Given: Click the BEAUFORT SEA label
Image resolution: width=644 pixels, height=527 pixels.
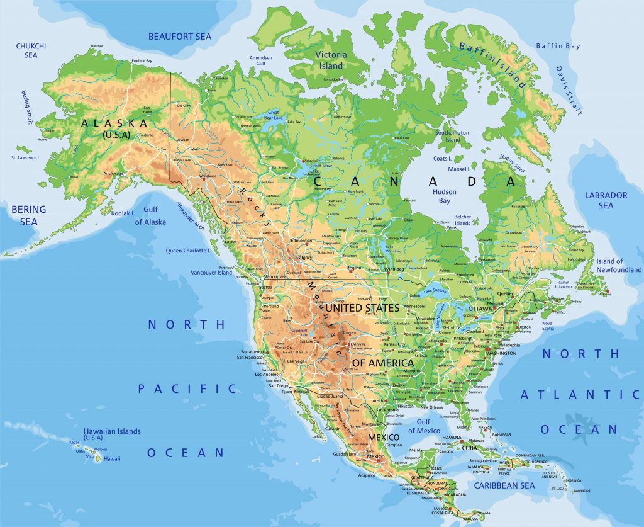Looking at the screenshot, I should [180, 37].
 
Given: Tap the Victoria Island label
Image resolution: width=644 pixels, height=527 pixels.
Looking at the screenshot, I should [331, 60].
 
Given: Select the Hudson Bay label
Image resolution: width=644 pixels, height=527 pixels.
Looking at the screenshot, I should [444, 196].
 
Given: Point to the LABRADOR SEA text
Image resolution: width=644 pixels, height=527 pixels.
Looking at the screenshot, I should [606, 200].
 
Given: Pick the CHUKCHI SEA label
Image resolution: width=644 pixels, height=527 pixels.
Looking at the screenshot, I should [31, 50].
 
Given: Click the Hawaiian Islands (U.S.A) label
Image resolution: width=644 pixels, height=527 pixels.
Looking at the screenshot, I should [112, 434].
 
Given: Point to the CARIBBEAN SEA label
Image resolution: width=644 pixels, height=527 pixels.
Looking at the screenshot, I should [504, 485].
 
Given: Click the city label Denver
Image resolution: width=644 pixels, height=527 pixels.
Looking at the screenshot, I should [358, 345].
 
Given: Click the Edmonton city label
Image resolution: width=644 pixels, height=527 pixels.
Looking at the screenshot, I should [301, 241].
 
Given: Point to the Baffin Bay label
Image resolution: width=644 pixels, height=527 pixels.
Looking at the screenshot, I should [558, 46].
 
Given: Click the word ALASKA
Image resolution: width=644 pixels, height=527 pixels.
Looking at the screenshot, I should [114, 123].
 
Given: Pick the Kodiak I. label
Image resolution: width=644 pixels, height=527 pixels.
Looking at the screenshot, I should [123, 213].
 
